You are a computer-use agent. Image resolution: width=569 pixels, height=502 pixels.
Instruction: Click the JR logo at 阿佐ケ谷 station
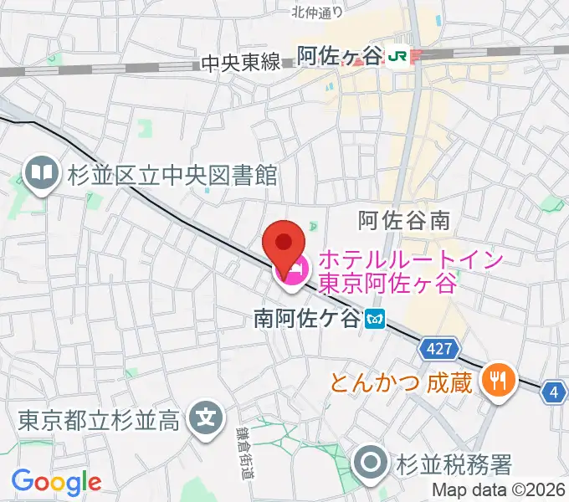[399, 55]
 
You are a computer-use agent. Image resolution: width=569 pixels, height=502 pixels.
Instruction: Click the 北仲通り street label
[318, 12]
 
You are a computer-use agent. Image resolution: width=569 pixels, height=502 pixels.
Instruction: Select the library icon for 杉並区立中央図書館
[40, 174]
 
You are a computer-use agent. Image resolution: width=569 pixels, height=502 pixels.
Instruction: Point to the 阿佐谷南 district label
[404, 221]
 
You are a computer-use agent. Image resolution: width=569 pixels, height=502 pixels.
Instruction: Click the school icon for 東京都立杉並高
[205, 416]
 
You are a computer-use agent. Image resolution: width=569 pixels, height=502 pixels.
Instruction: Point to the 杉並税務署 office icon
[370, 462]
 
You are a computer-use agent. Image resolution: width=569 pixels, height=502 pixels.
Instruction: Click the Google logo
[56, 482]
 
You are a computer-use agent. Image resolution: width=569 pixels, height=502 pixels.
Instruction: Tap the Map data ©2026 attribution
[499, 491]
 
